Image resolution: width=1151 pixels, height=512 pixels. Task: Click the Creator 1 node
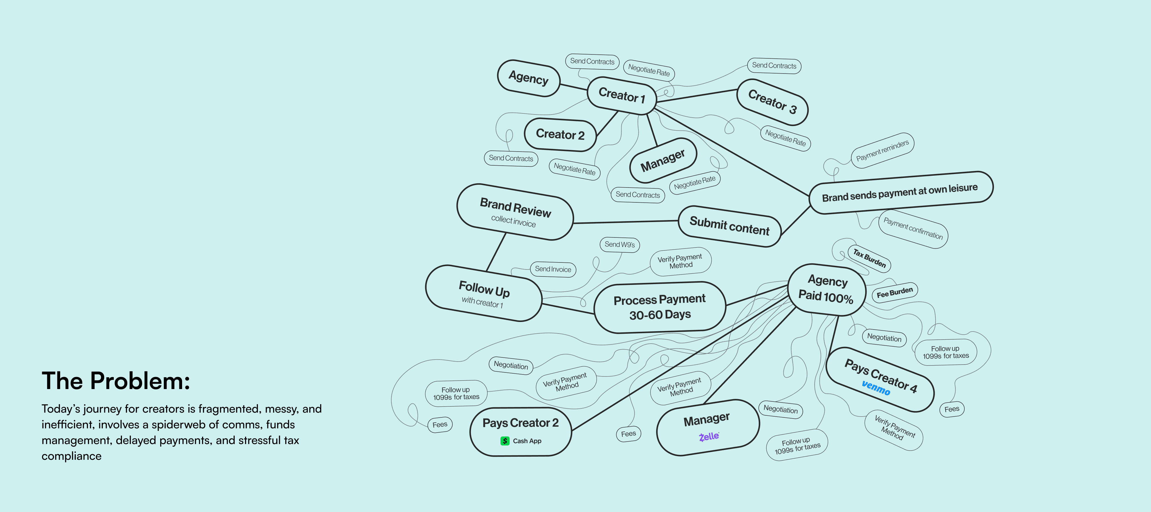(x=622, y=95)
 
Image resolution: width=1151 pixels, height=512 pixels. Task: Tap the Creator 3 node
(x=772, y=102)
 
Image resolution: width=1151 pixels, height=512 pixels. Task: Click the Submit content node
(x=729, y=226)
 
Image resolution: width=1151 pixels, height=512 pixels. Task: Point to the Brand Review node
(x=515, y=212)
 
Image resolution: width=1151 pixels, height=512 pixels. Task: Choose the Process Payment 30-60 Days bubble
(x=660, y=307)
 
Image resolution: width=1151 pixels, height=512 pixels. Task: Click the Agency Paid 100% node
(x=826, y=289)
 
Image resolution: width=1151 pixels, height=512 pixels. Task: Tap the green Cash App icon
(x=504, y=441)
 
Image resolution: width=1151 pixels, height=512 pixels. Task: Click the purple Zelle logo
(x=709, y=436)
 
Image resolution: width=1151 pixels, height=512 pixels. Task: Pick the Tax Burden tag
(x=869, y=258)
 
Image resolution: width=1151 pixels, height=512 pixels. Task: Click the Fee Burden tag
(x=894, y=293)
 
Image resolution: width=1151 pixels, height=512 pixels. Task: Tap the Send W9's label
(x=619, y=244)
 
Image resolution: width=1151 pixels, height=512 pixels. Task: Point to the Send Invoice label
(x=553, y=269)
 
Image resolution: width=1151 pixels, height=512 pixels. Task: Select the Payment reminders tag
(x=882, y=150)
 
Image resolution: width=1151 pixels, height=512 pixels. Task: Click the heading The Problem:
(x=116, y=381)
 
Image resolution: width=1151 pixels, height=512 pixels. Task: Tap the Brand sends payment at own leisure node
(x=900, y=192)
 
